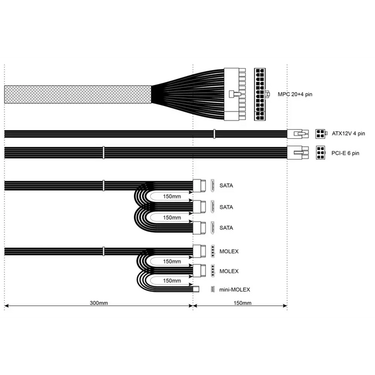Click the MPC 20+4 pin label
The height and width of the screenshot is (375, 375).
point(295,94)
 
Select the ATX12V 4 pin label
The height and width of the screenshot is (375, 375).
point(348,133)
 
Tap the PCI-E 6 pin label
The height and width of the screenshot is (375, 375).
point(345,153)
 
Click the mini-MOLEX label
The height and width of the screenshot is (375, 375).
point(235,290)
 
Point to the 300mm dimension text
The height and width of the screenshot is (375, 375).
point(99,303)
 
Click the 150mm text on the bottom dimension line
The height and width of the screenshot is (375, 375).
point(243,303)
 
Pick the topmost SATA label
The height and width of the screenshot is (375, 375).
point(226,185)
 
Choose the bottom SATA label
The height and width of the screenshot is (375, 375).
point(226,228)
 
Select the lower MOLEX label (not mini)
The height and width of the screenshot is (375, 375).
point(229,271)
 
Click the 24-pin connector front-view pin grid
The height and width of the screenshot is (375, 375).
point(260,94)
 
